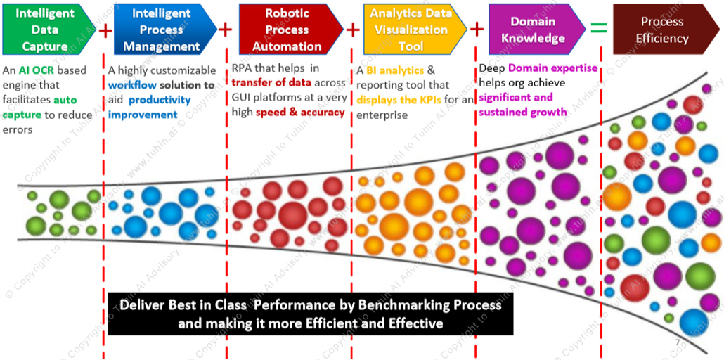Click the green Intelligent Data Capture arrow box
[48, 29]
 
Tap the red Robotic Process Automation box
[291, 29]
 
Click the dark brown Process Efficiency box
[664, 29]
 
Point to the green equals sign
[599, 29]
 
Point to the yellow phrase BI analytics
[395, 71]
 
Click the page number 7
[678, 343]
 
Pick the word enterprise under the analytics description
[382, 115]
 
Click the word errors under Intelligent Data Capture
[18, 130]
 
